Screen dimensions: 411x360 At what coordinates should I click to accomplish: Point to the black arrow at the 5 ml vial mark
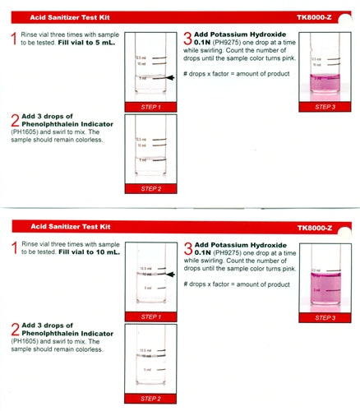(169, 77)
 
